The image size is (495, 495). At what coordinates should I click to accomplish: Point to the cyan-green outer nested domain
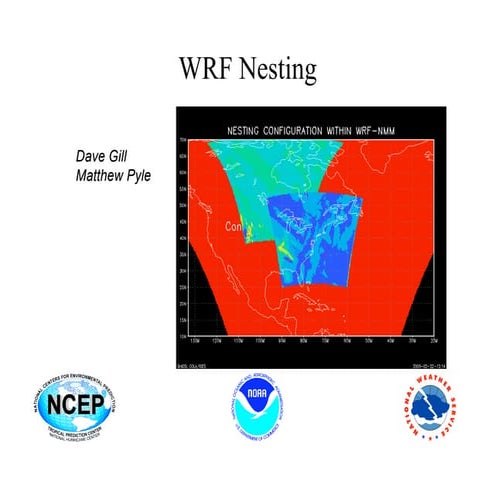(x=250, y=180)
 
